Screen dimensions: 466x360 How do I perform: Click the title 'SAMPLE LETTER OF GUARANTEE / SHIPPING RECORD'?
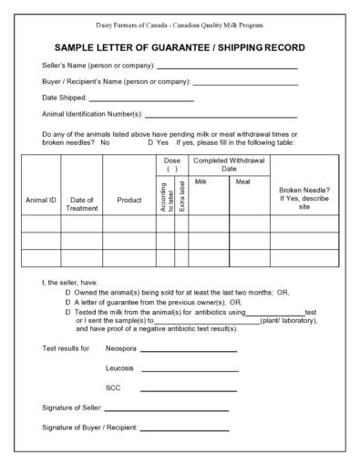[x=180, y=47]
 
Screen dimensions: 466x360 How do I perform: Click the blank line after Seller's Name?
[x=227, y=67]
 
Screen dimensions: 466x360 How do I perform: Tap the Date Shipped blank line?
[x=141, y=98]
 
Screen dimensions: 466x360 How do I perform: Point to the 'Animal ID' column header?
[x=40, y=199]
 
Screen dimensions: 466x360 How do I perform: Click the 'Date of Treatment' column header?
[x=81, y=203]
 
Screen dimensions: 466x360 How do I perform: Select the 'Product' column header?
[x=129, y=199]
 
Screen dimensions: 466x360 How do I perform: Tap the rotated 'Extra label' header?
[x=181, y=198]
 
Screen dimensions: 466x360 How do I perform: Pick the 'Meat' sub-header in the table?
[x=242, y=181]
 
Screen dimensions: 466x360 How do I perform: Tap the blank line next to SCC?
[x=195, y=388]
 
